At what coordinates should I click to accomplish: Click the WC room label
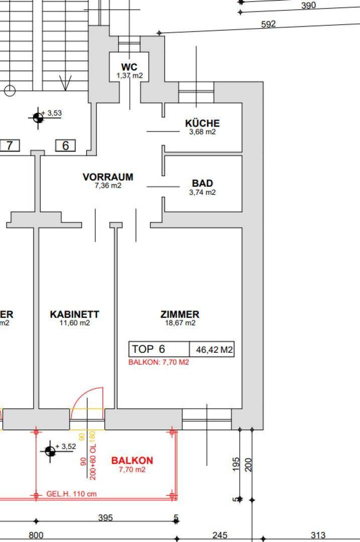pyautogui.click(x=129, y=67)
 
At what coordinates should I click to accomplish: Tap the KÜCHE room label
pyautogui.click(x=202, y=123)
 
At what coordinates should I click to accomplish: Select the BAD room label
pyautogui.click(x=202, y=183)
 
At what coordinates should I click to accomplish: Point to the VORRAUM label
pyautogui.click(x=108, y=177)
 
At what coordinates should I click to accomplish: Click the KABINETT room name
pyautogui.click(x=75, y=314)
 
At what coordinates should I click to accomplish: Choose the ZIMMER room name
pyautogui.click(x=180, y=314)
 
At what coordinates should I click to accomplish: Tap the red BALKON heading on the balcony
pyautogui.click(x=132, y=460)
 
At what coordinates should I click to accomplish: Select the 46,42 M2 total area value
pyautogui.click(x=212, y=350)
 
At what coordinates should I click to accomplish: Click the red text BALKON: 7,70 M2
pyautogui.click(x=159, y=362)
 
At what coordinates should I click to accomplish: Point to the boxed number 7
pyautogui.click(x=10, y=146)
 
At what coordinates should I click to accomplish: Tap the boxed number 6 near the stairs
pyautogui.click(x=65, y=146)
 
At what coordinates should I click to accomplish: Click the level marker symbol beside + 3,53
pyautogui.click(x=38, y=118)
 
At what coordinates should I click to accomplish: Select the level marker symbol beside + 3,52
pyautogui.click(x=50, y=451)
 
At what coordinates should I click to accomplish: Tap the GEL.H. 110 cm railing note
pyautogui.click(x=72, y=494)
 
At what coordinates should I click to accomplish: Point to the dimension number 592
pyautogui.click(x=269, y=24)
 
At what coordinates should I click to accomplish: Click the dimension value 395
pyautogui.click(x=105, y=517)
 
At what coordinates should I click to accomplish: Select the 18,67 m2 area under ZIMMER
pyautogui.click(x=180, y=323)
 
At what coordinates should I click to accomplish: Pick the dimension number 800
pyautogui.click(x=36, y=535)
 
